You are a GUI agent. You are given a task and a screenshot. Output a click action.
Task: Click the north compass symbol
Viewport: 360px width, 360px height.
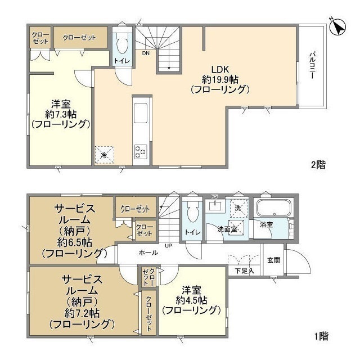click(339, 26)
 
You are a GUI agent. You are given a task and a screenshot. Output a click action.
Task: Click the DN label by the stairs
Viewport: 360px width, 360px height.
click(146, 54)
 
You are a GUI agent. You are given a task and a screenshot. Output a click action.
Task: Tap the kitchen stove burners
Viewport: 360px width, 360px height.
click(140, 150)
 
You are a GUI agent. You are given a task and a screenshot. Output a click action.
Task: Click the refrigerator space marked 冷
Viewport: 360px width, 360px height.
click(104, 154)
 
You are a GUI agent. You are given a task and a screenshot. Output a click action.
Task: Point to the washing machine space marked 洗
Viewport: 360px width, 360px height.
click(238, 208)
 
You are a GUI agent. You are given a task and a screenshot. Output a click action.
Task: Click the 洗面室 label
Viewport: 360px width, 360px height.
click(228, 229)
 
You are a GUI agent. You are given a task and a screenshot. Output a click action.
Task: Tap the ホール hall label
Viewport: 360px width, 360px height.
click(148, 253)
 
